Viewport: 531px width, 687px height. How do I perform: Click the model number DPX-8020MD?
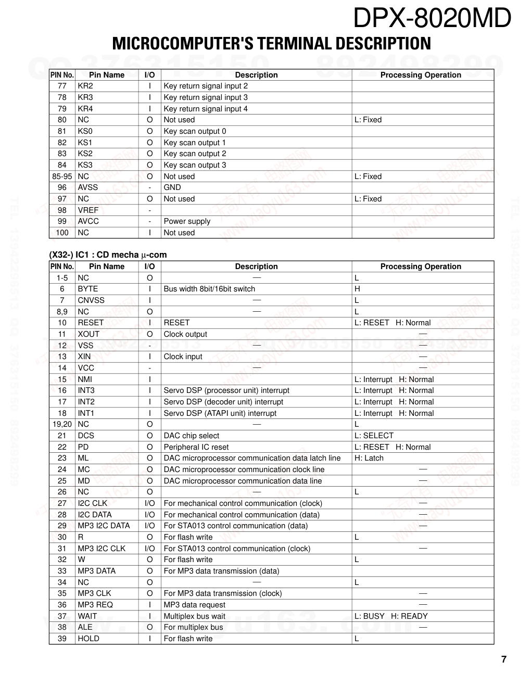coord(432,19)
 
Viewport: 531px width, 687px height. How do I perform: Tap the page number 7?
coord(503,659)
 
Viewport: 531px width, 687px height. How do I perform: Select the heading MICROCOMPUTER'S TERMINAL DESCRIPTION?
coord(271,43)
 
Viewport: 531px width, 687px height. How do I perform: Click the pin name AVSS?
coord(87,187)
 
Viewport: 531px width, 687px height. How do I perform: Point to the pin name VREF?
coord(88,210)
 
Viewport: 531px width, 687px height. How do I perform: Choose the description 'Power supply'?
coord(187,221)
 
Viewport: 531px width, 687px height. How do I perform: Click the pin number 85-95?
coord(62,176)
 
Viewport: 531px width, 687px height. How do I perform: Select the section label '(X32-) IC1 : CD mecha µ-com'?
coord(108,255)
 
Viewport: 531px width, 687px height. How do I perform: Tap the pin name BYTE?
coord(87,289)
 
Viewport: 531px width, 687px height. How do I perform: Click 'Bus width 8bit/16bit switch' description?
coord(209,289)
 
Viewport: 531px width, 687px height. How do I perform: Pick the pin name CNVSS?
coord(91,300)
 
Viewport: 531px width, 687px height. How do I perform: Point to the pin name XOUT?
coord(88,334)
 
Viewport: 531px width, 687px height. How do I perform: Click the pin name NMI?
coord(85,379)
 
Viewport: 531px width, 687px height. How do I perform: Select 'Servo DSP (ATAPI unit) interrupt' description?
coord(220,413)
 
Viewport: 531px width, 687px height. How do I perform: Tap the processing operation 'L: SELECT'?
coord(374,436)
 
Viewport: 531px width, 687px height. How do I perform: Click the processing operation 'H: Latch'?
coord(369,458)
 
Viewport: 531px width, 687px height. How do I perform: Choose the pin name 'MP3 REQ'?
coord(95,605)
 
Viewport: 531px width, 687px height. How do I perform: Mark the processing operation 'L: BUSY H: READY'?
coord(391,616)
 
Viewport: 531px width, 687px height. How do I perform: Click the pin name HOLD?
coord(88,639)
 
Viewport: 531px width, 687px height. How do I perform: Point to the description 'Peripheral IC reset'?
coord(196,447)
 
